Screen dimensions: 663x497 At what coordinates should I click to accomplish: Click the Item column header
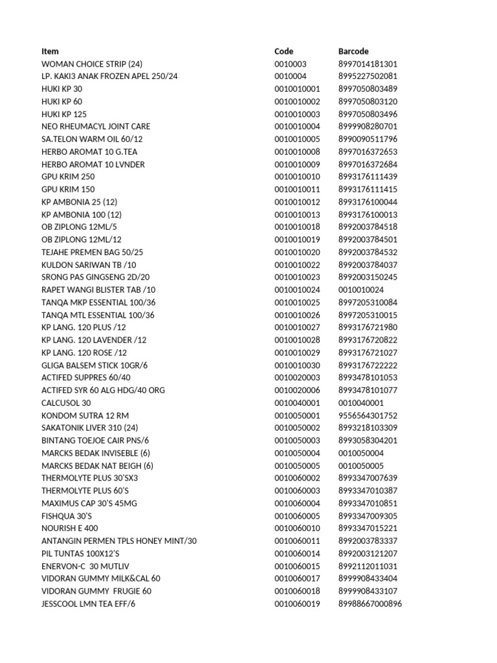50,51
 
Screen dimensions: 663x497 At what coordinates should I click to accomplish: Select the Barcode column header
353,51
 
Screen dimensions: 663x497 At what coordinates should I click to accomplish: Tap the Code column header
283,51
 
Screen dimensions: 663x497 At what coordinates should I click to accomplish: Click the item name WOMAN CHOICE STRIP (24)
92,64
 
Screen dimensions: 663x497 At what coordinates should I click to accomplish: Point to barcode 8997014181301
368,64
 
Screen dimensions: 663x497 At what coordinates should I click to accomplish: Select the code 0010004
291,76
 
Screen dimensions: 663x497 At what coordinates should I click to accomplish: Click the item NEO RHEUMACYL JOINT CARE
96,127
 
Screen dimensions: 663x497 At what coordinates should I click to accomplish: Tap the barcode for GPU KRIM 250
368,177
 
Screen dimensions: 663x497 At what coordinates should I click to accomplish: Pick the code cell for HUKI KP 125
297,114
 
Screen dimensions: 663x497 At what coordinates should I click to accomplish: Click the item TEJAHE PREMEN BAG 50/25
93,253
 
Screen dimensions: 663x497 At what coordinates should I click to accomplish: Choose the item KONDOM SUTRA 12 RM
81,416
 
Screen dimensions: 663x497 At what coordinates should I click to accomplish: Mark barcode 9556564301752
368,416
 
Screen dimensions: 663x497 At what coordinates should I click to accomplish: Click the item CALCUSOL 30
65,403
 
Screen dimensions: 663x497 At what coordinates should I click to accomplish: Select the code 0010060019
297,604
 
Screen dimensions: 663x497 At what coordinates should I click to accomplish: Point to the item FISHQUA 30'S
67,516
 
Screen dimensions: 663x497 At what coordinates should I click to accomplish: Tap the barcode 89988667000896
370,604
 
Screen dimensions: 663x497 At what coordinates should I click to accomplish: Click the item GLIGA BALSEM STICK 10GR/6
94,366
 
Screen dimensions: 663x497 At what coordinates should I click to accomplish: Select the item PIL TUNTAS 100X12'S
80,554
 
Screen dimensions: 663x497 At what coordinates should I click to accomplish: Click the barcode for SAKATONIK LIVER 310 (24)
368,428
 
